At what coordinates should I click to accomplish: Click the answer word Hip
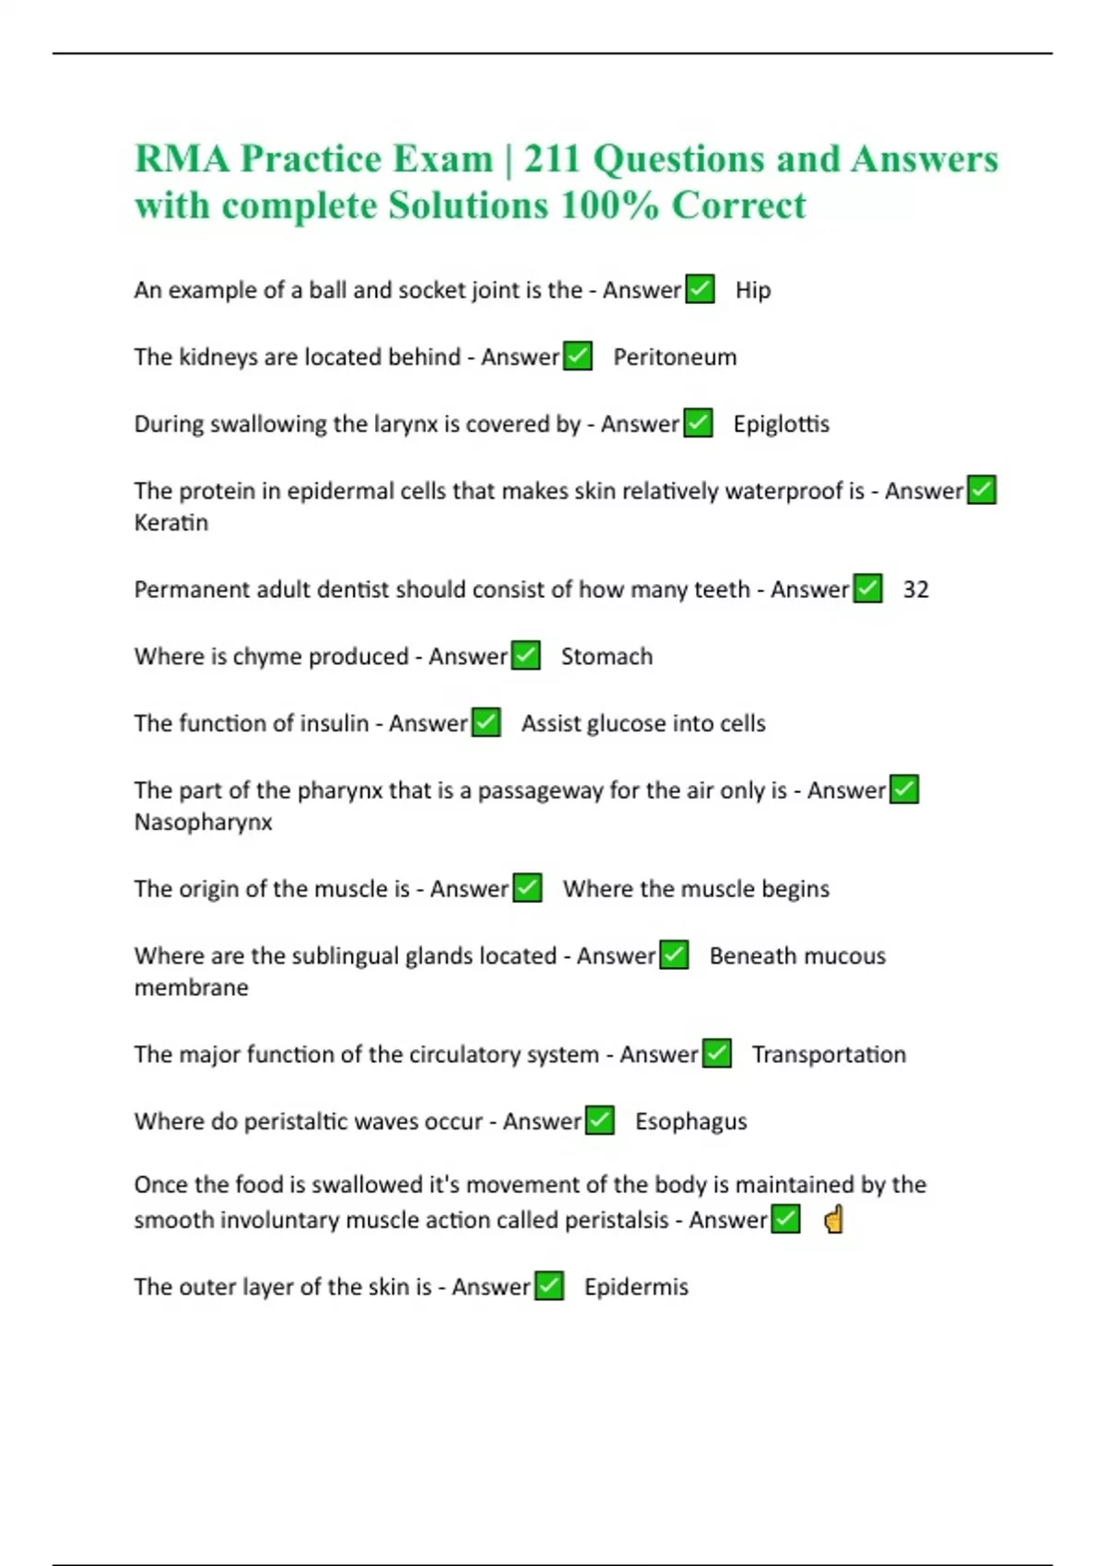[752, 290]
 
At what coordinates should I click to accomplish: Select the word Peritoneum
[675, 357]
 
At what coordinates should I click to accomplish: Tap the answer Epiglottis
[781, 425]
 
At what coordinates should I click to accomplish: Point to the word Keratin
[171, 523]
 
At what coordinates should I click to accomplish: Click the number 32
[915, 590]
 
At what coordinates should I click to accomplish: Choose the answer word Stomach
[606, 657]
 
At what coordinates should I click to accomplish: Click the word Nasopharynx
[203, 822]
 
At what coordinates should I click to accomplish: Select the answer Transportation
[829, 1055]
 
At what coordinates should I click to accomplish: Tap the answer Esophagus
[690, 1122]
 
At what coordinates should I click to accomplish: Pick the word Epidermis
[636, 1287]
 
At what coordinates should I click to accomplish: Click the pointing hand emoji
[833, 1221]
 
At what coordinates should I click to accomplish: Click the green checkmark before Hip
[700, 289]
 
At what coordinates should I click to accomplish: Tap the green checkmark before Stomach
[525, 656]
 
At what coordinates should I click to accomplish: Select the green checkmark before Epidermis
[549, 1286]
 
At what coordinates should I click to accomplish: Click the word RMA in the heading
[182, 159]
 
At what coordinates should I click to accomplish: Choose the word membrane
[191, 988]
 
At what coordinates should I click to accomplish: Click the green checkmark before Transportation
[717, 1054]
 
